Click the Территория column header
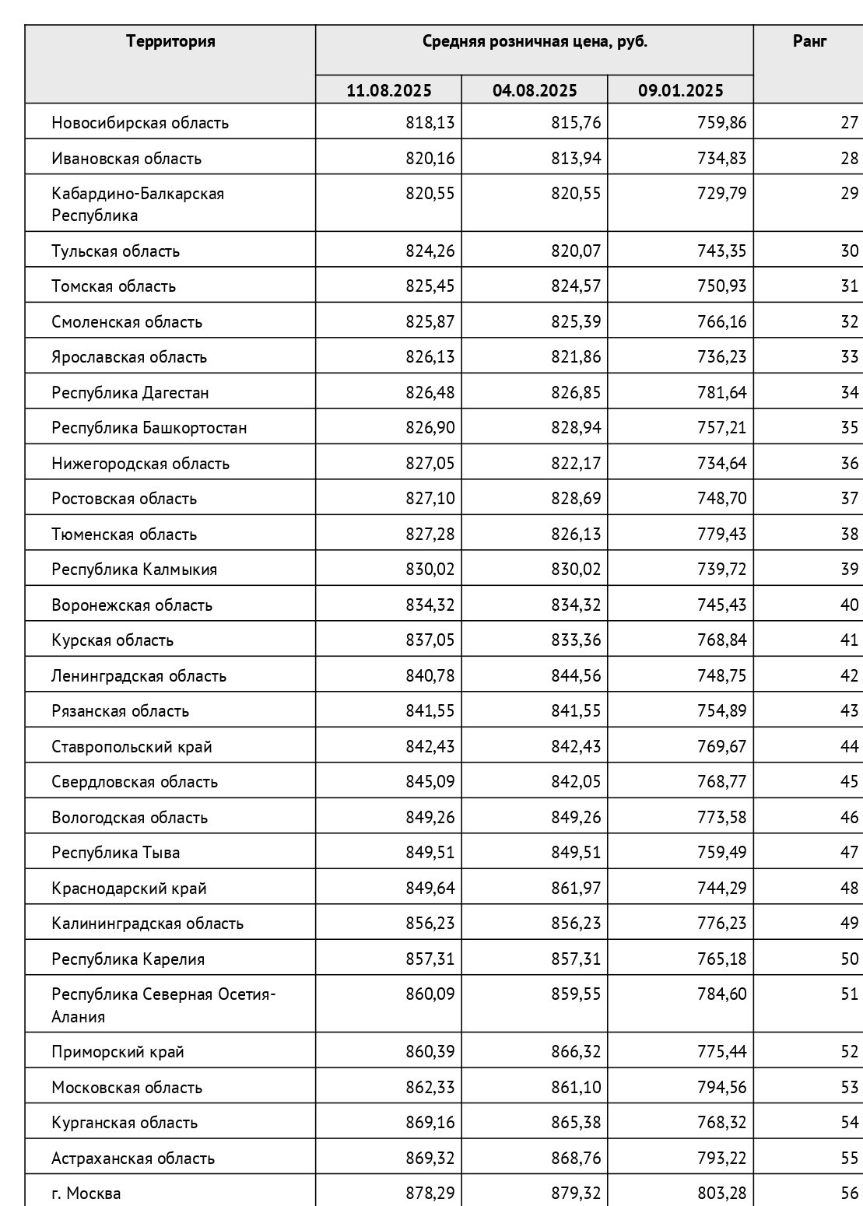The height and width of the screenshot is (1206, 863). click(170, 41)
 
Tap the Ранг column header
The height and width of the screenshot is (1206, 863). click(809, 41)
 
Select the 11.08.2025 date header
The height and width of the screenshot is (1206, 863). click(388, 90)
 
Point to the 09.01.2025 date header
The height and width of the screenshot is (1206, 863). click(680, 90)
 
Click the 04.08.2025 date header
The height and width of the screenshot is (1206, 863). click(535, 90)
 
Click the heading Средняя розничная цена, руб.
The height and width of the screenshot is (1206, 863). click(535, 41)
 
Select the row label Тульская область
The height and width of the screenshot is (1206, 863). click(115, 251)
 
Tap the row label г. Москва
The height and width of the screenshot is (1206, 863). click(86, 1193)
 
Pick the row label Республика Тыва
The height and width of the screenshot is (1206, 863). click(115, 852)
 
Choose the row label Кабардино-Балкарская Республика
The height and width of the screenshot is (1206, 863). click(138, 204)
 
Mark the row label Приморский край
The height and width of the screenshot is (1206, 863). click(118, 1051)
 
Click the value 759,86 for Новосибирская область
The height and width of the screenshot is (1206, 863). click(721, 122)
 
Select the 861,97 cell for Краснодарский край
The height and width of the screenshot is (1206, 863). click(576, 888)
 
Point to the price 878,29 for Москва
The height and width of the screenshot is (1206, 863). click(430, 1193)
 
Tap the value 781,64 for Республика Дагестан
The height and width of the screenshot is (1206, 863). click(721, 392)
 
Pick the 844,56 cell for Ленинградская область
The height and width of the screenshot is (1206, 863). click(576, 675)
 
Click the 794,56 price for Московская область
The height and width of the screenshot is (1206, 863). click(721, 1087)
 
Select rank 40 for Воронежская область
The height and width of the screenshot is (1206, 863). click(849, 605)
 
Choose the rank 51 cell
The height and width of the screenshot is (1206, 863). click(849, 994)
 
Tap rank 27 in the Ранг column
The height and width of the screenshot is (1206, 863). click(849, 122)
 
